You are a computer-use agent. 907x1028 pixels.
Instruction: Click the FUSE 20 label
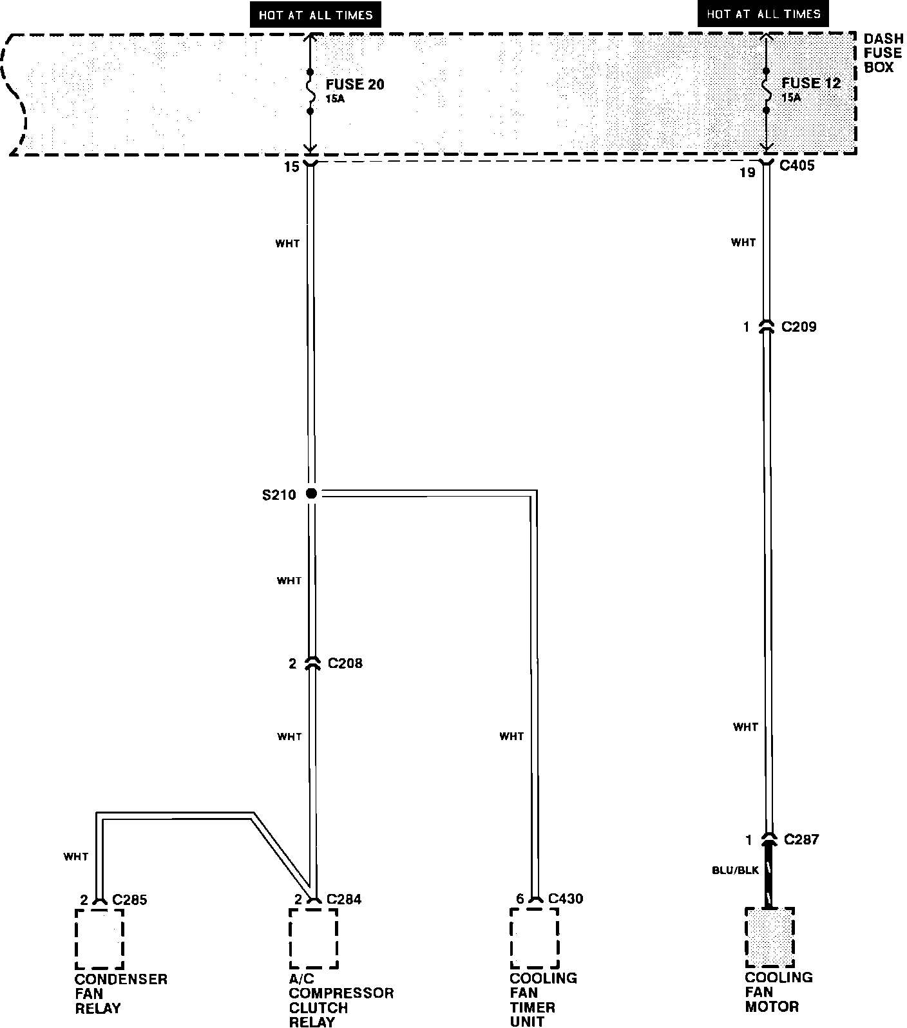tap(354, 84)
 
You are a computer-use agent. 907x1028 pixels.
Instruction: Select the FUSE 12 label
tap(811, 83)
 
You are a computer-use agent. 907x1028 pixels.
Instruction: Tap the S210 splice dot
tap(311, 493)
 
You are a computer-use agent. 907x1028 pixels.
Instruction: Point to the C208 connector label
tap(345, 663)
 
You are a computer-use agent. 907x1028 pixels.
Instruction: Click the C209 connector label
tap(798, 327)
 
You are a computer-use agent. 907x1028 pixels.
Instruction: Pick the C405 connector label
tap(797, 166)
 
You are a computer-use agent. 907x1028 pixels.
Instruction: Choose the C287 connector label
tap(801, 839)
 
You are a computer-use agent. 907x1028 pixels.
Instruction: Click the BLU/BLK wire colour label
tap(735, 870)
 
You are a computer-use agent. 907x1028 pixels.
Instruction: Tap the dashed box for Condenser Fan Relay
tap(99, 938)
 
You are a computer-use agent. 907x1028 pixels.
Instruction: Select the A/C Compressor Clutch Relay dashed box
tap(314, 938)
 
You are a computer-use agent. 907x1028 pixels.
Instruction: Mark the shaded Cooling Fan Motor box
tap(769, 937)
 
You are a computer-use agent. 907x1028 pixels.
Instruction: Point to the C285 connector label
tap(129, 899)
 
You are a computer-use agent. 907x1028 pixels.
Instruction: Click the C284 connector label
tap(343, 899)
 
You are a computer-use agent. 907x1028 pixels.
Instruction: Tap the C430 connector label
tap(565, 899)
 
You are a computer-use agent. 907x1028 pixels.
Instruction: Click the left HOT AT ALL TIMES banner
tap(316, 15)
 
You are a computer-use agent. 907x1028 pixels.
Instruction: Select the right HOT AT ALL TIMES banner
tap(763, 14)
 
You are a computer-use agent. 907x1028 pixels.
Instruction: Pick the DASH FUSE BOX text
tap(883, 53)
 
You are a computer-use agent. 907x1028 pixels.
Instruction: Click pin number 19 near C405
tap(747, 173)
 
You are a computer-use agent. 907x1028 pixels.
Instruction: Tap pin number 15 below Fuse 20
tap(292, 167)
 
